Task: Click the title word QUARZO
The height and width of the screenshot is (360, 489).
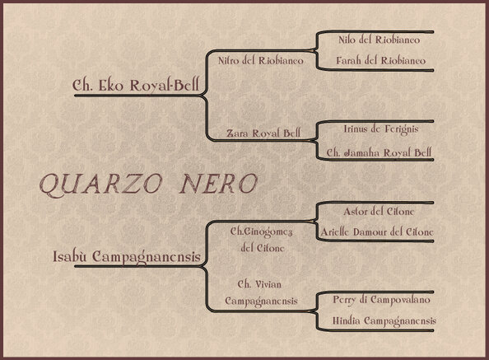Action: pyautogui.click(x=101, y=185)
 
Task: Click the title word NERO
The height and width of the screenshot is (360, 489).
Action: pyautogui.click(x=218, y=184)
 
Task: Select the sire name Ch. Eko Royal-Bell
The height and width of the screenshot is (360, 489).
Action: pyautogui.click(x=135, y=85)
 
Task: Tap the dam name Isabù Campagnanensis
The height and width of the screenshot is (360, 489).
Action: pyautogui.click(x=126, y=257)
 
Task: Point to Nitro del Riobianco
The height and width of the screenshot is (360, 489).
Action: pyautogui.click(x=260, y=60)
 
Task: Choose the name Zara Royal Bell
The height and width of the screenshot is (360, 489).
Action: pyautogui.click(x=263, y=133)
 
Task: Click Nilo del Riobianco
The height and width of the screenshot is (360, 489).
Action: pyautogui.click(x=379, y=40)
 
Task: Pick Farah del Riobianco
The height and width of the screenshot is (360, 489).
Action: pyautogui.click(x=380, y=60)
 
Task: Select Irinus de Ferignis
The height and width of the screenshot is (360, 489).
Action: pyautogui.click(x=381, y=129)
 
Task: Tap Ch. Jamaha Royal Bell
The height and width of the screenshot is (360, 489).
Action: pyautogui.click(x=379, y=152)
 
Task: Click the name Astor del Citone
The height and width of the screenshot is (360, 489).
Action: pyautogui.click(x=379, y=212)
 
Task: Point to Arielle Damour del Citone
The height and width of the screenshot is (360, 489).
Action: pyautogui.click(x=377, y=231)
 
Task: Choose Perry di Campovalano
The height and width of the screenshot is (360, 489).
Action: pyautogui.click(x=381, y=300)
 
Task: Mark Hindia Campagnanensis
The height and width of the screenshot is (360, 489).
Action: pyautogui.click(x=384, y=320)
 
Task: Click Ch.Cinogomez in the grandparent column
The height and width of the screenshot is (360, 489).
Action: pyautogui.click(x=261, y=231)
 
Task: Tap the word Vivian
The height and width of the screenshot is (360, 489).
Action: pyautogui.click(x=268, y=284)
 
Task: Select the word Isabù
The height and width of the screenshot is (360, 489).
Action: pyautogui.click(x=69, y=256)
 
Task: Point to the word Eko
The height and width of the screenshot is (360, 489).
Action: pyautogui.click(x=111, y=85)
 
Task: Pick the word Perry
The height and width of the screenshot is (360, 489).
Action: pyautogui.click(x=343, y=300)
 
